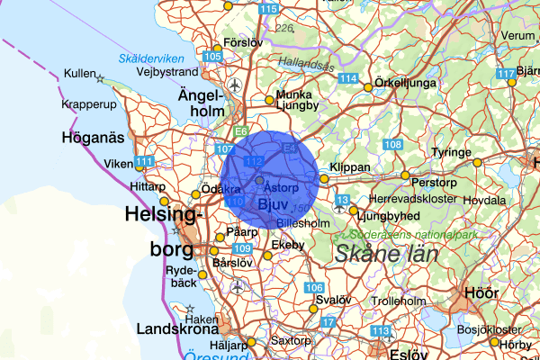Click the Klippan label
coord(350,168)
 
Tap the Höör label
coord(480,292)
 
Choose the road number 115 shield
coord(267,9)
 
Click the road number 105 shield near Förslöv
coord(212,57)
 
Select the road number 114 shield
coord(348,79)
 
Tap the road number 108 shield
coord(392,145)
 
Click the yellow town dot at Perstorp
coord(405,175)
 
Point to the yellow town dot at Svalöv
coord(314,309)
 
